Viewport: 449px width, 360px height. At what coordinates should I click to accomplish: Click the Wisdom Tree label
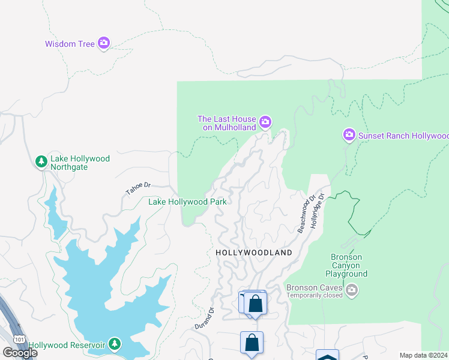(x=70, y=44)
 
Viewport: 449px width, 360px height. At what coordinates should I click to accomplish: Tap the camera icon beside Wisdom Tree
(x=104, y=43)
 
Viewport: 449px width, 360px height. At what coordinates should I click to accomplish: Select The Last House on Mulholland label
(x=227, y=123)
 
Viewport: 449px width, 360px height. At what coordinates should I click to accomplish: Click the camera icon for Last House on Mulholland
(x=265, y=122)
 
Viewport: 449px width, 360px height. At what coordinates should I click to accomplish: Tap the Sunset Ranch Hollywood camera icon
(x=349, y=135)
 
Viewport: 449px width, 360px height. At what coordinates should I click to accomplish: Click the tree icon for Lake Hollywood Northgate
(x=41, y=161)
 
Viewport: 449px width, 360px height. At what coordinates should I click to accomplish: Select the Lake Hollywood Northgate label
(x=80, y=163)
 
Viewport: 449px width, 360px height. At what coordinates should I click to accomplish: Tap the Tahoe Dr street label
(x=137, y=188)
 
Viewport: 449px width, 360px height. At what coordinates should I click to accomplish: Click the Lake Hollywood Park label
(x=187, y=202)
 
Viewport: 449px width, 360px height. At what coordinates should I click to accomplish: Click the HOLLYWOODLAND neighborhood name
(x=254, y=253)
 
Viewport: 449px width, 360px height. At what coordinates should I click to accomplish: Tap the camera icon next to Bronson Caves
(x=352, y=291)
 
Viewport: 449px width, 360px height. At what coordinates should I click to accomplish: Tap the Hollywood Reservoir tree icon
(x=114, y=344)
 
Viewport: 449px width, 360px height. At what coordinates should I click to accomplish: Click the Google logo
(x=20, y=352)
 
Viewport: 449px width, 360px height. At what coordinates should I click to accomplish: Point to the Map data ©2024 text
(x=423, y=355)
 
